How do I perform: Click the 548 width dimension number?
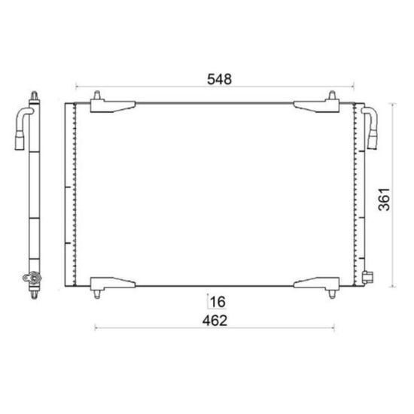pos(219,79)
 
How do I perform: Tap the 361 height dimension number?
pos(384,199)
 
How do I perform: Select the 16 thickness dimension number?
pos(218,302)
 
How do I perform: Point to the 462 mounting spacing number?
pos(215,321)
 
